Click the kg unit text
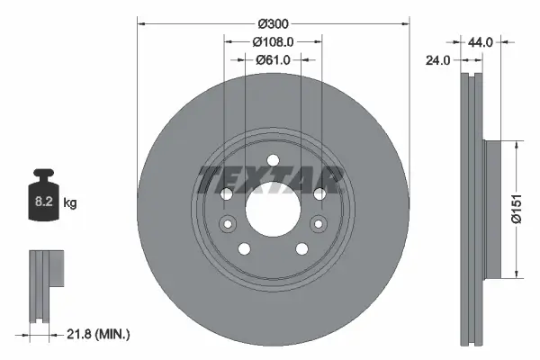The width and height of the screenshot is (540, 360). [x=70, y=203]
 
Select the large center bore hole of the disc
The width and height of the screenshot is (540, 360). [x=272, y=211]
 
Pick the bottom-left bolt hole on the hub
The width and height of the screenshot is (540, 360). [x=243, y=249]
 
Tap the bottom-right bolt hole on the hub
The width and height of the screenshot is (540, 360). [x=301, y=249]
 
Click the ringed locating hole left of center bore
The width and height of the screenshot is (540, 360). [x=228, y=225]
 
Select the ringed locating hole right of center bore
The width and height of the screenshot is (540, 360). [x=316, y=225]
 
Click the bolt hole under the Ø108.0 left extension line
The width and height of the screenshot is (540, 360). [x=225, y=194]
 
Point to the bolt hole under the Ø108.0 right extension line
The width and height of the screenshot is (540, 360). [x=319, y=194]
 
